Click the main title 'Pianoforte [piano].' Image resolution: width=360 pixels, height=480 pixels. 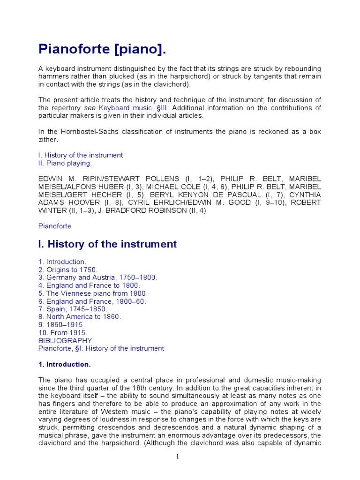coord(102,49)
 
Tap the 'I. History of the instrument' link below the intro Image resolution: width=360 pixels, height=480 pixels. coord(81,155)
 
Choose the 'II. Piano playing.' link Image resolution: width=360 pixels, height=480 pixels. coord(65,164)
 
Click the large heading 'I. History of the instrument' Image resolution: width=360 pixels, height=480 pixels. coord(107,244)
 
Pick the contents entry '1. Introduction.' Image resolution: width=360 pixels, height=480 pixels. coord(62,262)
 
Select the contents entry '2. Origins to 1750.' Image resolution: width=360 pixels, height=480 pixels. coord(68,270)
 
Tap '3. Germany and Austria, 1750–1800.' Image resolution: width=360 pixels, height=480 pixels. coord(98,277)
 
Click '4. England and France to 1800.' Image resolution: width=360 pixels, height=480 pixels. coord(90,285)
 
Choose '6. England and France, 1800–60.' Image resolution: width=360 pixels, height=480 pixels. coord(92,301)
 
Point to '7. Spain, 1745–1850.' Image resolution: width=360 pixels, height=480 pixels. coord(73,309)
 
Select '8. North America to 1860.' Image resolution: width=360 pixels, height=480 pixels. coord(80,317)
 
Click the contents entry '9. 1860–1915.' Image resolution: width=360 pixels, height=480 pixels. coord(61,325)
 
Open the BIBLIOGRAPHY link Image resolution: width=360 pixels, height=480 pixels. coord(65,341)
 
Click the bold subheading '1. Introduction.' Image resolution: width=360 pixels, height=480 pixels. coord(65,364)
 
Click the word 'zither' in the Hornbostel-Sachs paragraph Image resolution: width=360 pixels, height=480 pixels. coord(48,140)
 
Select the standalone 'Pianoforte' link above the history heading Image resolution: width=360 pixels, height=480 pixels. coord(55,226)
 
